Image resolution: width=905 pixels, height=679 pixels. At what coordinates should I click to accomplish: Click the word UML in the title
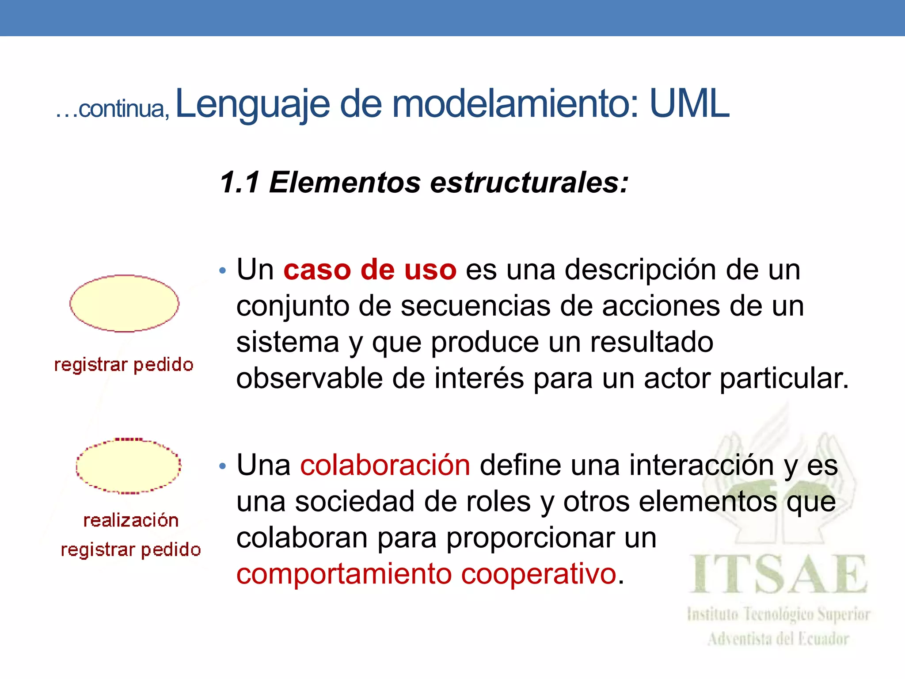click(x=689, y=104)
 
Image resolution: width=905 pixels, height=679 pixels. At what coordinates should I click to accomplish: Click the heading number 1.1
click(x=240, y=183)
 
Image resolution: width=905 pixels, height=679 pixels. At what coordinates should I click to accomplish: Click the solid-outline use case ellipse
click(x=124, y=303)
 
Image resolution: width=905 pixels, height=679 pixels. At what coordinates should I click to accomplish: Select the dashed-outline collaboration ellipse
click(x=128, y=466)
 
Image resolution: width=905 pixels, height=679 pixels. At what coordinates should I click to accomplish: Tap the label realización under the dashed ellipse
click(x=131, y=520)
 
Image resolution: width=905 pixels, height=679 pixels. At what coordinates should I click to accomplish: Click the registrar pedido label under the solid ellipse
click(x=124, y=365)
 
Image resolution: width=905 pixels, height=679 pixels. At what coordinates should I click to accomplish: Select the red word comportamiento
click(x=344, y=574)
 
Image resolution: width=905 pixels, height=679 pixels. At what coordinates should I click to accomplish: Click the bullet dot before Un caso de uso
click(x=223, y=271)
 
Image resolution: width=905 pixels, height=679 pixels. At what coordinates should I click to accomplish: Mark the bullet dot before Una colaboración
click(x=223, y=466)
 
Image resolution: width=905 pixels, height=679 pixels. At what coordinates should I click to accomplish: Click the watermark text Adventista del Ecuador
click(x=778, y=639)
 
